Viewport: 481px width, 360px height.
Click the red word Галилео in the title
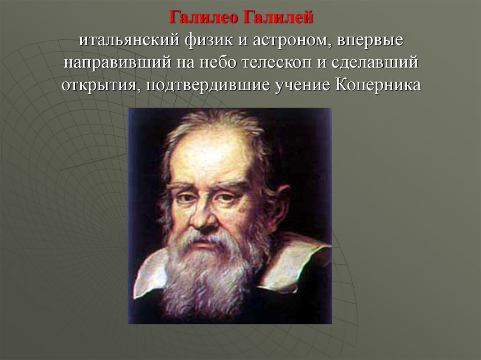pyautogui.click(x=203, y=17)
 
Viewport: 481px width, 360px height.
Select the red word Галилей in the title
pyautogui.click(x=278, y=17)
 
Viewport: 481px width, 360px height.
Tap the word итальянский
pyautogui.click(x=129, y=40)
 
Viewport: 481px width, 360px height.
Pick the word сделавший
pyautogui.click(x=375, y=63)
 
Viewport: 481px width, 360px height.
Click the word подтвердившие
pyautogui.click(x=208, y=85)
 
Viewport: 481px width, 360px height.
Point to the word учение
pyautogui.click(x=302, y=85)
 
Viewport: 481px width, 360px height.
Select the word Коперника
pyautogui.click(x=378, y=84)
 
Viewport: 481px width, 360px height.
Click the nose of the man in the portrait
pyautogui.click(x=203, y=216)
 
